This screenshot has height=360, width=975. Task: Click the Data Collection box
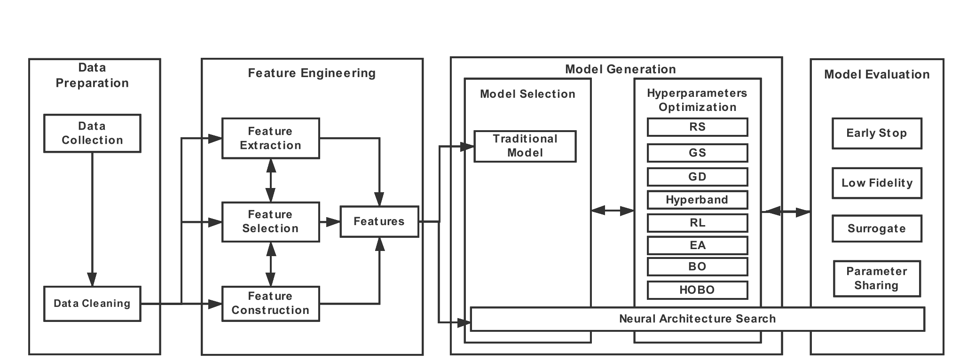click(x=92, y=133)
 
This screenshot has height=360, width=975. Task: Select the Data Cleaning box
click(x=92, y=304)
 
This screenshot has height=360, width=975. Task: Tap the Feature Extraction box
click(x=270, y=138)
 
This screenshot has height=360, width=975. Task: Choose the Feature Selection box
click(x=270, y=221)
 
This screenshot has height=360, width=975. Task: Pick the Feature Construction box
click(x=270, y=304)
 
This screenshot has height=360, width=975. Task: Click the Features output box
click(x=379, y=221)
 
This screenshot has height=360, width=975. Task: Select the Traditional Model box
click(x=525, y=146)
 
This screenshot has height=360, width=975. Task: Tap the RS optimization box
click(x=697, y=127)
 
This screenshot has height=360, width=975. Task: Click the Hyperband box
click(x=697, y=200)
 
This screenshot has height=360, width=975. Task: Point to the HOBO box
click(x=697, y=290)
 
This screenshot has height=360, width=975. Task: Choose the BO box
click(x=697, y=266)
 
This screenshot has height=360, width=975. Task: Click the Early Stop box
click(x=877, y=133)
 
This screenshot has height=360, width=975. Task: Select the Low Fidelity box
click(x=877, y=183)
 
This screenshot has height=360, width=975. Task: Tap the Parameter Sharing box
click(x=877, y=279)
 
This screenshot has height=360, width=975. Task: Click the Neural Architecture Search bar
click(x=697, y=319)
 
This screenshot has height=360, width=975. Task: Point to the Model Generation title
click(x=620, y=70)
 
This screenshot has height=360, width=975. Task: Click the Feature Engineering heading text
click(x=312, y=73)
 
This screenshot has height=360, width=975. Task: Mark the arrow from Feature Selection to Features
click(x=330, y=221)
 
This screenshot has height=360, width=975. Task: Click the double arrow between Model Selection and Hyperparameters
click(x=612, y=211)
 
